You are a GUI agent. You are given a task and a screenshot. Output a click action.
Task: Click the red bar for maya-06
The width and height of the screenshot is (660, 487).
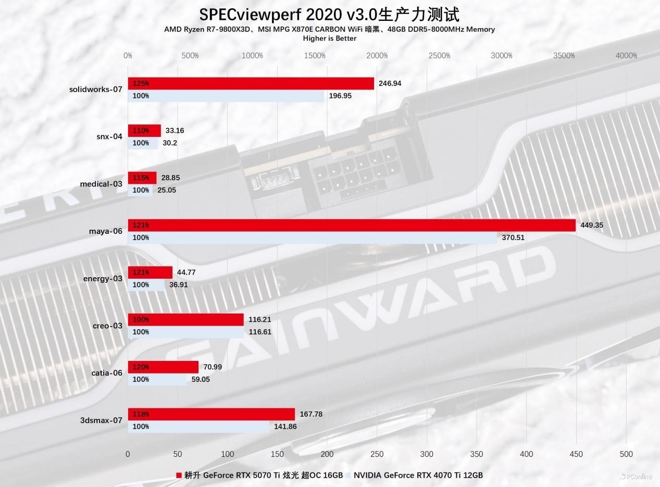[352, 225]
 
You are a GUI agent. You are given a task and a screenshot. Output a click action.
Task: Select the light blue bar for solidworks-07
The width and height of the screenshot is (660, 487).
[226, 96]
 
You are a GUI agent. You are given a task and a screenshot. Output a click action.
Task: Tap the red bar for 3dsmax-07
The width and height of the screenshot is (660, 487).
[211, 414]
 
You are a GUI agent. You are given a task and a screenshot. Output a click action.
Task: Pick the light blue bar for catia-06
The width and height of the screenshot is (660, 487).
[157, 379]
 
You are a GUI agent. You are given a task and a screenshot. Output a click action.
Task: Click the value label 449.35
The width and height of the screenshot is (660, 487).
[592, 225]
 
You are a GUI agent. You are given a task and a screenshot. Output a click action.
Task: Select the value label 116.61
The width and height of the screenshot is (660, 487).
[260, 332]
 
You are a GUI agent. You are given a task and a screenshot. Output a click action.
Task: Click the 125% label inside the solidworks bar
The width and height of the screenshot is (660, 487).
[141, 83]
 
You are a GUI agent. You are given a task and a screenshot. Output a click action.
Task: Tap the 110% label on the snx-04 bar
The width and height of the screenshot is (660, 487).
[141, 131]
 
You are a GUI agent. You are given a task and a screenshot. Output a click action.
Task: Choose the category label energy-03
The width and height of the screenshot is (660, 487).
[103, 279]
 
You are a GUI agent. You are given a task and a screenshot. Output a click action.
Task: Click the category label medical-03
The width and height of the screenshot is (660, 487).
[101, 184]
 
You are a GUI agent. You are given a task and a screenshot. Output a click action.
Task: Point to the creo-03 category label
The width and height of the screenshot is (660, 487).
[107, 326]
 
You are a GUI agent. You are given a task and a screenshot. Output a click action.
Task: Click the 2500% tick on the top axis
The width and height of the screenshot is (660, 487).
[439, 56]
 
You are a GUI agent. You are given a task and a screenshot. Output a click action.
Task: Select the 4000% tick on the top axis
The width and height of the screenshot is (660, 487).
[626, 56]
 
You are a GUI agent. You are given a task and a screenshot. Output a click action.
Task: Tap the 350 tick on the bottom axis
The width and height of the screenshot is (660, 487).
[476, 454]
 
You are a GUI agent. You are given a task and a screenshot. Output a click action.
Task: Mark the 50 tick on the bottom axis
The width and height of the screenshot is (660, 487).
[178, 454]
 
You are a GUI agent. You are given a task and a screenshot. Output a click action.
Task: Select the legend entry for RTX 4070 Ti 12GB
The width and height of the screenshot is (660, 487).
[418, 475]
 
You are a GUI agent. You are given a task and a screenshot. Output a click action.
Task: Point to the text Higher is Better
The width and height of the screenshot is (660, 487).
[330, 38]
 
